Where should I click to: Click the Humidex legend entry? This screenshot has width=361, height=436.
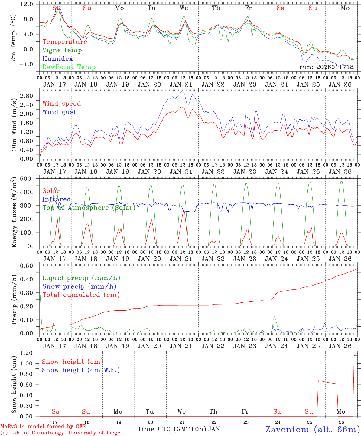pos(57,59)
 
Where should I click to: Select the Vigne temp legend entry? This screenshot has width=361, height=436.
pos(62,50)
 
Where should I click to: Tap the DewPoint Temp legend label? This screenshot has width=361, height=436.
pos(69,67)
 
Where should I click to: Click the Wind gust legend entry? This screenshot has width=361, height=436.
pos(60,112)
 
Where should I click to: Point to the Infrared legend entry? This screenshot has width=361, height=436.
pos(57,199)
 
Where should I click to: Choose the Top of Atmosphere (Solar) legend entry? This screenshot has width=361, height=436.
pos(89,208)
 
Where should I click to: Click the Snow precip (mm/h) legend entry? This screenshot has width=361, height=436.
pos(79,286)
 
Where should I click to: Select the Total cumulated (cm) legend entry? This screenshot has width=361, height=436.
pos(81,295)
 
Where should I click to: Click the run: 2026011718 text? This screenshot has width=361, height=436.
pos(327,67)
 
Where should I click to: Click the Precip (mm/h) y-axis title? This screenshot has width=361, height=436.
pos(14,300)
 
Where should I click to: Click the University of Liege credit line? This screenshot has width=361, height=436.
pos(60,433)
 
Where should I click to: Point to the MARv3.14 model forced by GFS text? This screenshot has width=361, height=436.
pos(43,427)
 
